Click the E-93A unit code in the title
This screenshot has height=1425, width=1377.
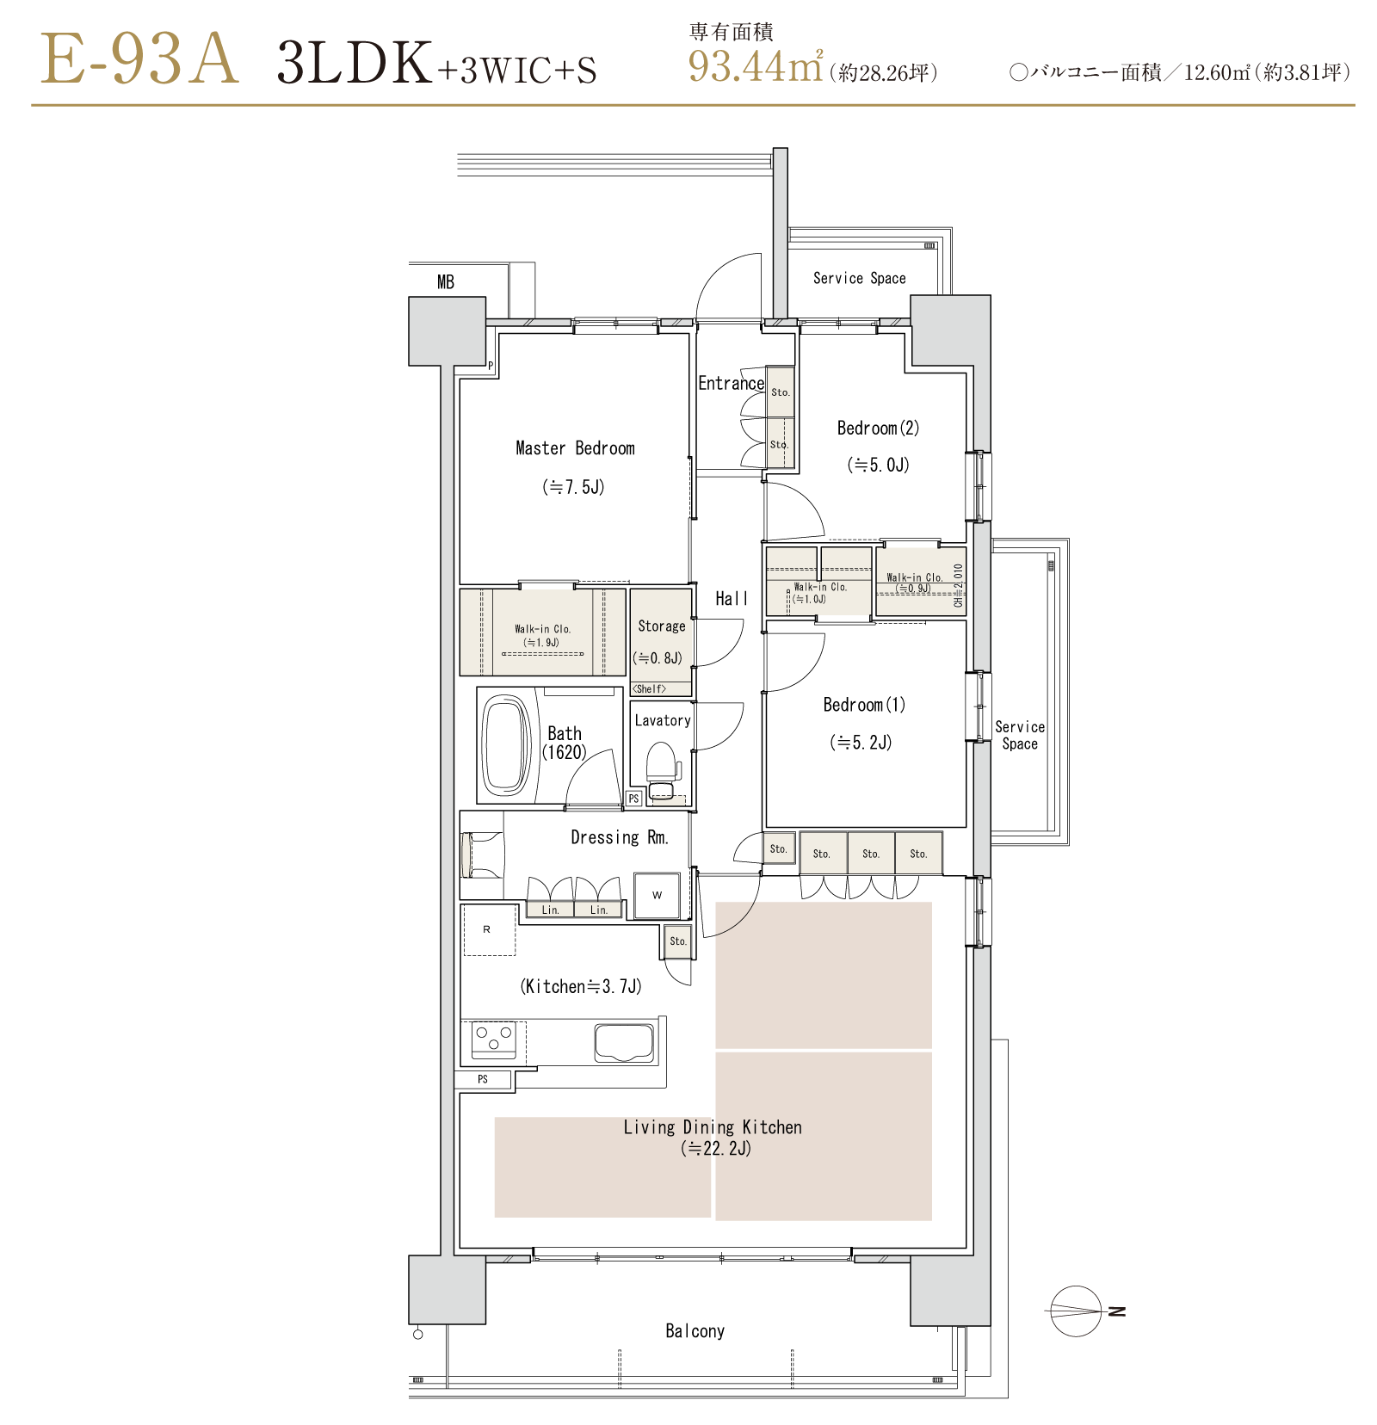click(139, 59)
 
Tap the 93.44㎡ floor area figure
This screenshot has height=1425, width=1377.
click(756, 66)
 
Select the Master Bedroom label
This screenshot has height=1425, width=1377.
click(575, 448)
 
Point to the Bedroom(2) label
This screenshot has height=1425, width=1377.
click(878, 428)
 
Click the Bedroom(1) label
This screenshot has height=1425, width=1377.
click(864, 705)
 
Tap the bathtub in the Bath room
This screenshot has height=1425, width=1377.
click(507, 744)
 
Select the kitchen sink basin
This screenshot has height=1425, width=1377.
click(624, 1043)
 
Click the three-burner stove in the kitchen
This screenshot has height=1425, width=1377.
click(494, 1039)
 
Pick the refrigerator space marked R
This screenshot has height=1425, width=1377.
click(489, 929)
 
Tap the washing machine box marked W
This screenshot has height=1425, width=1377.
click(657, 895)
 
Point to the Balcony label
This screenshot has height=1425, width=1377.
click(695, 1331)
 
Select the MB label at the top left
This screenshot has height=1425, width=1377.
click(446, 282)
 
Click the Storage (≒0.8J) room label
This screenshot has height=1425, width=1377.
click(661, 642)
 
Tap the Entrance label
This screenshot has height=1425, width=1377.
click(731, 383)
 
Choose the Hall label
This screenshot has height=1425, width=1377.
click(732, 599)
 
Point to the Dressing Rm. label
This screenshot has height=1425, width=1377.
click(620, 837)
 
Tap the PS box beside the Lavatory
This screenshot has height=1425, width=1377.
click(634, 799)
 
